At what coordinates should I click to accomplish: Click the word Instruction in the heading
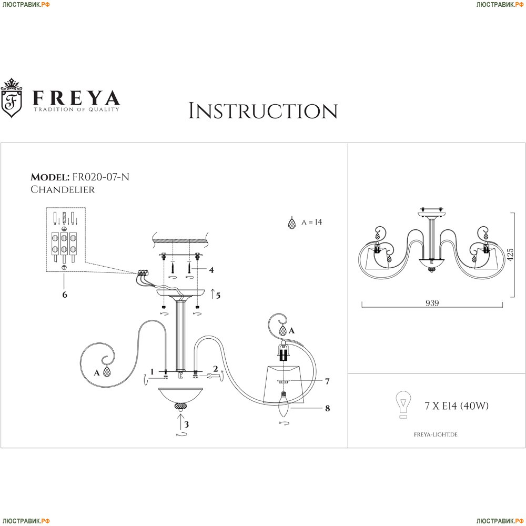click(x=262, y=111)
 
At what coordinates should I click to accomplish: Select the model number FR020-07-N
click(x=103, y=177)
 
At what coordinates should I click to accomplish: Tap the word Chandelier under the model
click(x=63, y=190)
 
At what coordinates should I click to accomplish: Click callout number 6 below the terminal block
click(x=65, y=295)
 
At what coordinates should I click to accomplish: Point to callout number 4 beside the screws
click(x=211, y=270)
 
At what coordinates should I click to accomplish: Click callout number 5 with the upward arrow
click(x=217, y=295)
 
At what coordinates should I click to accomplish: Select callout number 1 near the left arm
click(x=152, y=372)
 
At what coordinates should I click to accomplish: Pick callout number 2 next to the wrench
click(x=215, y=369)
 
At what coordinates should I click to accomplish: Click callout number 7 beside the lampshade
click(x=327, y=381)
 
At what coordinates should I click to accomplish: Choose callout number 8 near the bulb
click(x=327, y=408)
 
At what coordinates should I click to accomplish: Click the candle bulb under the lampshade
click(x=284, y=407)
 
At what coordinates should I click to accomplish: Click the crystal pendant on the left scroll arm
click(x=107, y=372)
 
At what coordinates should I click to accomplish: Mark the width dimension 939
click(x=432, y=303)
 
